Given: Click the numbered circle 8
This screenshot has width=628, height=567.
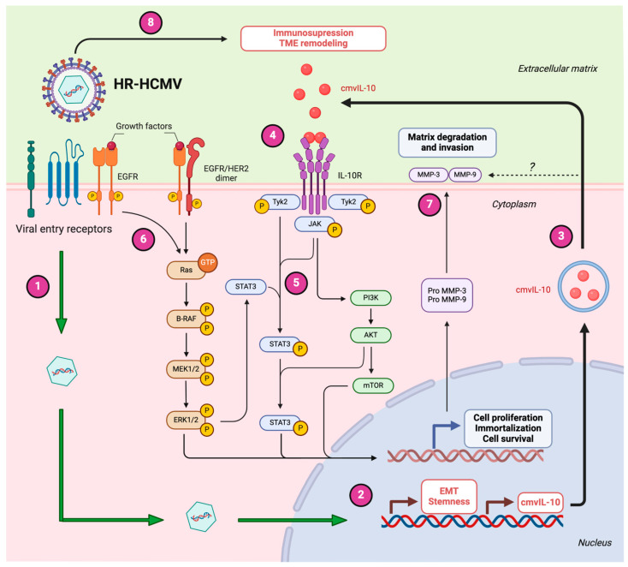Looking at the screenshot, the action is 151,22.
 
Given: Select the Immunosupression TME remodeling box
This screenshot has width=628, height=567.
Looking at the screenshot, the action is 313,39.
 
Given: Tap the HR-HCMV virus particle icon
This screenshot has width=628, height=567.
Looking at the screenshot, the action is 74,90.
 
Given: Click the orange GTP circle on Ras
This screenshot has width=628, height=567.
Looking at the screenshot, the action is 207,263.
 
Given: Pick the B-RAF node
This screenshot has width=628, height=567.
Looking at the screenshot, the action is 187,319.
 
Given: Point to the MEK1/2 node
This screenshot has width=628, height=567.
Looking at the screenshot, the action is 186,369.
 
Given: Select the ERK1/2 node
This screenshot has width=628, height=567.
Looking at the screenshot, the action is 186,420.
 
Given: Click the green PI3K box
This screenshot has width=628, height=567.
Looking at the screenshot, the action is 370,298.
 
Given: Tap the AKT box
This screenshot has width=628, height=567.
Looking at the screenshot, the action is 370,335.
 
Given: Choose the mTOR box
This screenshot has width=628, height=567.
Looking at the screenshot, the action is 373,385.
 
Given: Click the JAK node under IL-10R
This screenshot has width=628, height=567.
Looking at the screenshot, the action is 315,224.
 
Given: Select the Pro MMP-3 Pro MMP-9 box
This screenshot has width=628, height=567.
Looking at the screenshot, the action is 447,295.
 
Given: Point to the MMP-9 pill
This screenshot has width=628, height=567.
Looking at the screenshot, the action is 465,175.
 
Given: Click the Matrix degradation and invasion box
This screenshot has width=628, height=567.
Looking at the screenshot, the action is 447,142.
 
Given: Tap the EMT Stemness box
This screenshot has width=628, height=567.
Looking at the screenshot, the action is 449,497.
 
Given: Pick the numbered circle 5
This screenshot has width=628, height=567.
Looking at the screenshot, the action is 296,283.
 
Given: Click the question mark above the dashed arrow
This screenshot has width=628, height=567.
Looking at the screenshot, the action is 532,167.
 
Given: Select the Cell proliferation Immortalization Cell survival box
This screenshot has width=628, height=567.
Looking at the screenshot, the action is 508,428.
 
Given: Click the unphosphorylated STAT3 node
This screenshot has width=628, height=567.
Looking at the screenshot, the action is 246,287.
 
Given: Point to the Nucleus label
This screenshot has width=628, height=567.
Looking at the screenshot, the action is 595,542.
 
